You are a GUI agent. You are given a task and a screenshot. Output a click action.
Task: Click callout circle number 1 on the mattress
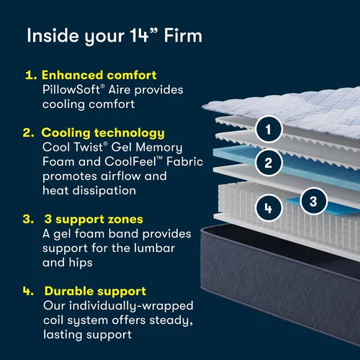pyautogui.click(x=269, y=130)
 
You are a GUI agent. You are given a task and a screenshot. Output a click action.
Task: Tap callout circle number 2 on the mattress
pyautogui.click(x=269, y=163)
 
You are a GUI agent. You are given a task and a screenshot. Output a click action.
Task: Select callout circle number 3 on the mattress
pyautogui.click(x=314, y=201)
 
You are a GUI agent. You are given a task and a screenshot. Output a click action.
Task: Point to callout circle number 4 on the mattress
pyautogui.click(x=269, y=207)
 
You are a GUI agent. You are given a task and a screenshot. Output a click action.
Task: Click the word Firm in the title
pyautogui.click(x=183, y=36)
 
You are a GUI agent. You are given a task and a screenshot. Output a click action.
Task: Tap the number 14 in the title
pyautogui.click(x=140, y=36)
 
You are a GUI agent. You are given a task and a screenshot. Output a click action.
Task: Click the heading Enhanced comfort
pyautogui.click(x=99, y=75)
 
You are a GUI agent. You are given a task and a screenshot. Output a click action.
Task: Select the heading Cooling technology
pyautogui.click(x=103, y=133)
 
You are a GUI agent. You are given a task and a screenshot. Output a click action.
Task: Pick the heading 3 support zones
pyautogui.click(x=94, y=220)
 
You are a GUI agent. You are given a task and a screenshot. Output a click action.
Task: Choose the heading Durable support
pyautogui.click(x=95, y=292)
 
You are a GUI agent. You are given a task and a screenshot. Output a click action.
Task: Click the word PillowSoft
pyautogui.click(x=71, y=90)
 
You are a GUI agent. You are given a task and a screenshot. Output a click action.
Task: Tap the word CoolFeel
pyautogui.click(x=130, y=161)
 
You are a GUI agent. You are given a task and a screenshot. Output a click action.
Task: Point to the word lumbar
pyautogui.click(x=154, y=248)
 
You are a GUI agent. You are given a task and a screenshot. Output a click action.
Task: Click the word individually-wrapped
pyautogui.click(x=131, y=306)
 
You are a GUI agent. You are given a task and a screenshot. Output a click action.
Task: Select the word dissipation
pyautogui.click(x=104, y=191)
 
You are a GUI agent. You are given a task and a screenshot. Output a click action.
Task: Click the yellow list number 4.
pyautogui.click(x=28, y=291)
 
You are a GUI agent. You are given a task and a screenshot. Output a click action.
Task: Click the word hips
pyautogui.click(x=81, y=263)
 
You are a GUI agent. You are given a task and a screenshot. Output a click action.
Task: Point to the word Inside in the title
pyautogui.click(x=53, y=36)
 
